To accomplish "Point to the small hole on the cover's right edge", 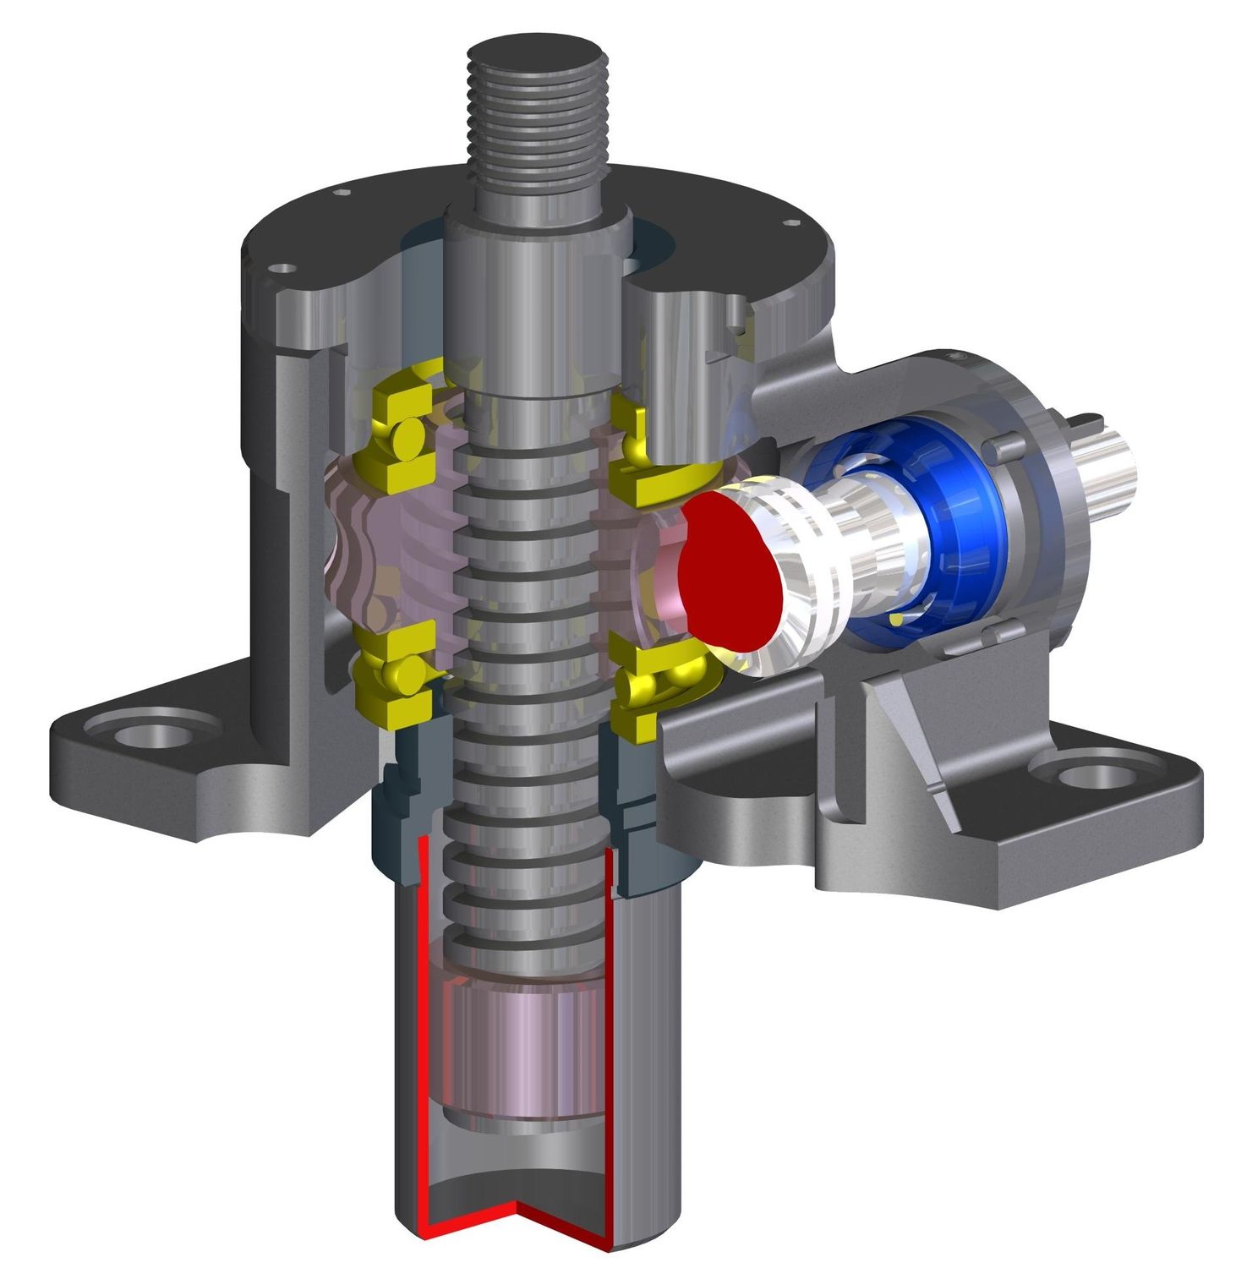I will point(791,222).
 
